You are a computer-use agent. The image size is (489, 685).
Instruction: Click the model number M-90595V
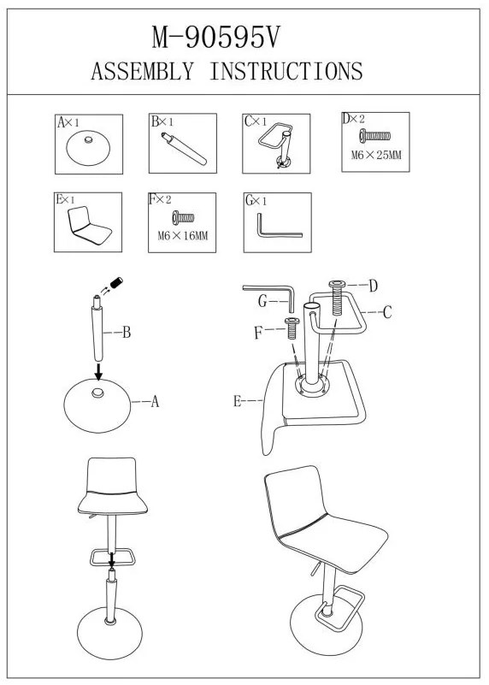click(x=215, y=38)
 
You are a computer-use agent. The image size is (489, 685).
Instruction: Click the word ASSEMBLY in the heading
click(x=142, y=71)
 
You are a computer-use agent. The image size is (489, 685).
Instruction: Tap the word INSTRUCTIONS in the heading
click(x=286, y=71)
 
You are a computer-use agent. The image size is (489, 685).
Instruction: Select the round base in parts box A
click(x=89, y=149)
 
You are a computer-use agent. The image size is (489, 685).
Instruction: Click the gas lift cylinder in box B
click(x=184, y=149)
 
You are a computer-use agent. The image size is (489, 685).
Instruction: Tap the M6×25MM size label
click(x=376, y=155)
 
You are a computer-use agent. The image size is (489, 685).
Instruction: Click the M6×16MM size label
click(x=183, y=236)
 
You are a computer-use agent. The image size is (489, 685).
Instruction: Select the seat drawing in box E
click(x=89, y=226)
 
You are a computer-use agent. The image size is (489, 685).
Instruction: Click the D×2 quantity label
click(x=353, y=119)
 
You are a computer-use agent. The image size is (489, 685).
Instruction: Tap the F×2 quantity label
click(x=160, y=199)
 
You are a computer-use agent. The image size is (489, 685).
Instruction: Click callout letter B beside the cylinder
click(x=127, y=333)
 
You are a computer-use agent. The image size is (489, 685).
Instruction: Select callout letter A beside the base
click(x=155, y=401)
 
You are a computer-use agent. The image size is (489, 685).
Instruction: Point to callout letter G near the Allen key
click(x=262, y=301)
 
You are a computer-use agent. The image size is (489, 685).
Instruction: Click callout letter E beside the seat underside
click(x=237, y=400)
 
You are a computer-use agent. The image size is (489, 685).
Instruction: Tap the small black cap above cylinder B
click(x=116, y=282)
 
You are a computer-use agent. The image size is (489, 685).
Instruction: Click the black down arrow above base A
click(x=99, y=371)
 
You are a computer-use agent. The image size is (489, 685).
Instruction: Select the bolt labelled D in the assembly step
click(x=337, y=298)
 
